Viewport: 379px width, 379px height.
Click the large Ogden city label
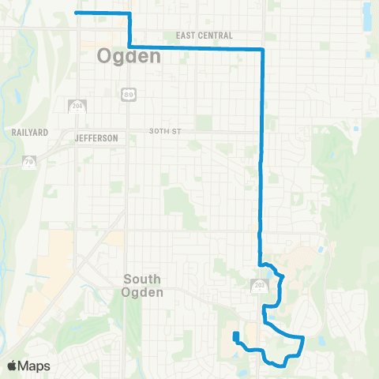tap(129, 56)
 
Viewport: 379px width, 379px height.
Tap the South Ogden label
tap(143, 286)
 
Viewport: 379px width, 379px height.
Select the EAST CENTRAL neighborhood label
tap(205, 36)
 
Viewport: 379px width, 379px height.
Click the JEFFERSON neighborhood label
tap(96, 138)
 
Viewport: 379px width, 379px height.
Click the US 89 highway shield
tap(127, 94)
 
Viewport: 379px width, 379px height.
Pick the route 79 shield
tap(28, 163)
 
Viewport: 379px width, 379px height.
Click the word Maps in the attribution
tap(36, 366)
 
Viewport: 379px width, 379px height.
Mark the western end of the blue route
tap(76, 13)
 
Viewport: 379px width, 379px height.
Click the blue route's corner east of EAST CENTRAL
tap(261, 49)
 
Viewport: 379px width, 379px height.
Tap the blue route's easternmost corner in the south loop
tap(303, 337)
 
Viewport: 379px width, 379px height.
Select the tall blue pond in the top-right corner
tap(367, 16)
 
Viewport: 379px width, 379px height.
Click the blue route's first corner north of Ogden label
tap(129, 14)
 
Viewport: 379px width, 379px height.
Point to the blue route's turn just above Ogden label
tap(129, 47)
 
